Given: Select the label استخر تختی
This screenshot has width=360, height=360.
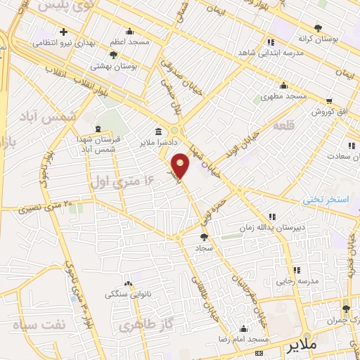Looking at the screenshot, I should pos(326,200).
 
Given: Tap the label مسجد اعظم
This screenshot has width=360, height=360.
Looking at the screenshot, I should pos(129,43).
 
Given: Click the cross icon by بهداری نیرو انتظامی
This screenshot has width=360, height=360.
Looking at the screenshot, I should pos(64,32).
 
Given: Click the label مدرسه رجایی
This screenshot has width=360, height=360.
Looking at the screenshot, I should pos(297,281).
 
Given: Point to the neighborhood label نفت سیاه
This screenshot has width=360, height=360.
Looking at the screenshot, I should pos(34,326).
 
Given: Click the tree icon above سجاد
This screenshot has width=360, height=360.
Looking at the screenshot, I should pos(204,238).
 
